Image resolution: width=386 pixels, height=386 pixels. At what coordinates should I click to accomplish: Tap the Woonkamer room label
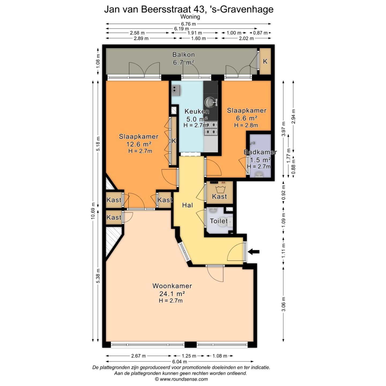click(x=172, y=286)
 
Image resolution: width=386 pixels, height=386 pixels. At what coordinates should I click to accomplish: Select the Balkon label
click(x=184, y=55)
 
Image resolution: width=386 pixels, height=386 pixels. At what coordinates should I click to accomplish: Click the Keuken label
click(x=197, y=111)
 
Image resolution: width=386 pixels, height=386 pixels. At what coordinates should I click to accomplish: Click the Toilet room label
click(x=218, y=221)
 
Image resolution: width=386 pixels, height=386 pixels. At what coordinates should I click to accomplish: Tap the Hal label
click(x=187, y=205)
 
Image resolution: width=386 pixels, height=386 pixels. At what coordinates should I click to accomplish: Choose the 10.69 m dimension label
click(x=93, y=211)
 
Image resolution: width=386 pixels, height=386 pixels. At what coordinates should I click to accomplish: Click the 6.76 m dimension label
click(x=188, y=24)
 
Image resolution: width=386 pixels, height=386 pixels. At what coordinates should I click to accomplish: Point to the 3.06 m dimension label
click(x=283, y=304)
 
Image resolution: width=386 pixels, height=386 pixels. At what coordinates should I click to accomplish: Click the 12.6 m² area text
click(x=138, y=144)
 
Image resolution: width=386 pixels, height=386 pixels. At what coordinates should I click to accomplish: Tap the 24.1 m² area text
click(x=172, y=294)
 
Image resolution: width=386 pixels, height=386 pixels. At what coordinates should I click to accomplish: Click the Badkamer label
click(x=260, y=152)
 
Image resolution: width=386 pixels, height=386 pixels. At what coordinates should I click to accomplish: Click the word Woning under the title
click(x=190, y=17)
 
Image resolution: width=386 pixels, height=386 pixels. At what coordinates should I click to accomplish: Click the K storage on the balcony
click(x=265, y=61)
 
